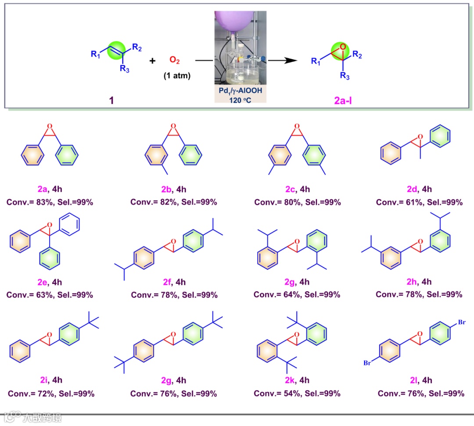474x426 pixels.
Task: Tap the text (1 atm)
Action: point(177,75)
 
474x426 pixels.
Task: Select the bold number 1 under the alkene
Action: point(111,100)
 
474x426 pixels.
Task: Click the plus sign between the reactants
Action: point(152,61)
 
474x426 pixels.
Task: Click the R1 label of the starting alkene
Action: point(95,54)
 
